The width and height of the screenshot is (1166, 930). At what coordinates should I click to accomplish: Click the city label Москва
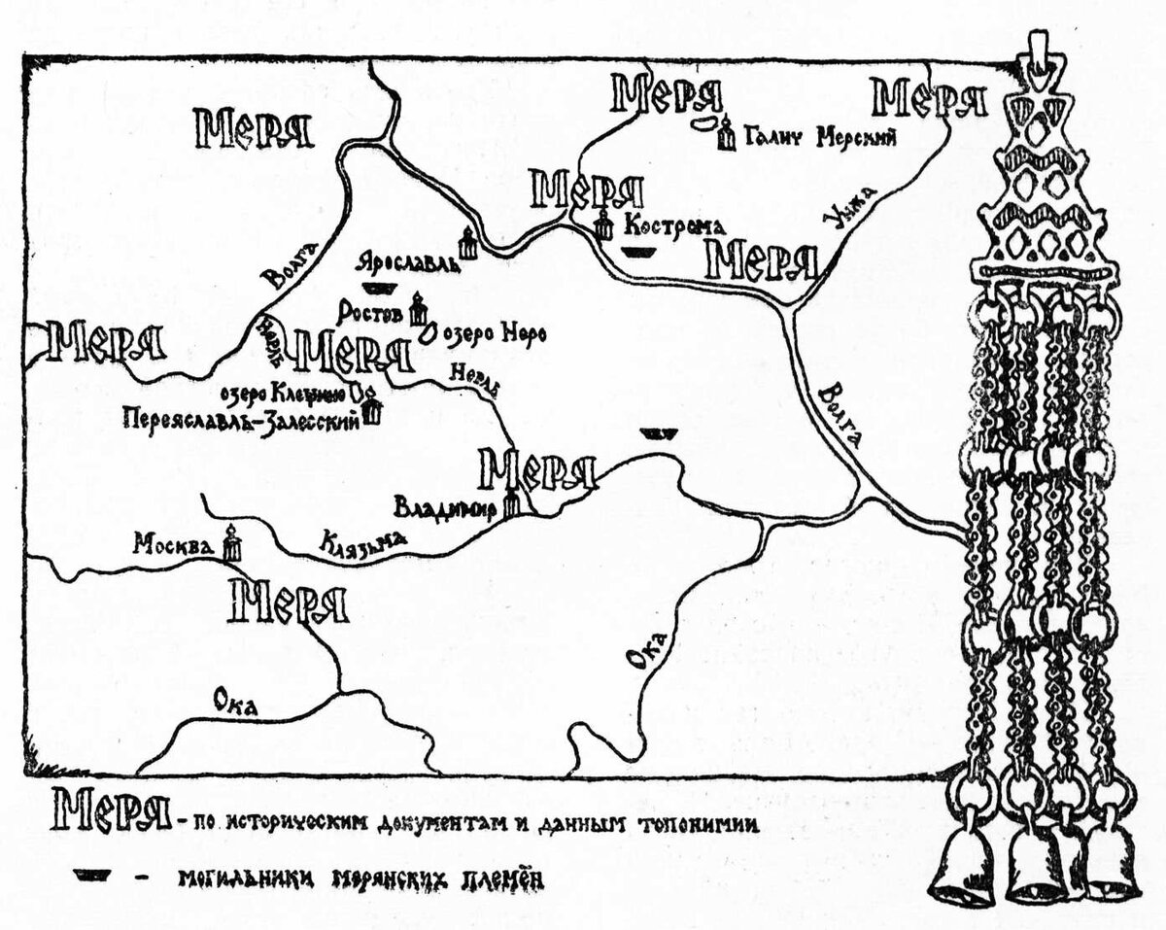point(173,545)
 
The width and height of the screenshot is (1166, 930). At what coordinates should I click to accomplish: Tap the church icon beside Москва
point(231,542)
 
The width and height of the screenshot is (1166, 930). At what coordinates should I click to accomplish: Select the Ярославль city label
point(406,262)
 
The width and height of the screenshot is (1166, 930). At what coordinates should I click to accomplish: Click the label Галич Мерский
point(819,137)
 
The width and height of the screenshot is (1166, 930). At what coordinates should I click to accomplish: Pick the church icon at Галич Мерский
point(725,134)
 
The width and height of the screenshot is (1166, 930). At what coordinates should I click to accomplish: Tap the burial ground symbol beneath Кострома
point(637,252)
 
